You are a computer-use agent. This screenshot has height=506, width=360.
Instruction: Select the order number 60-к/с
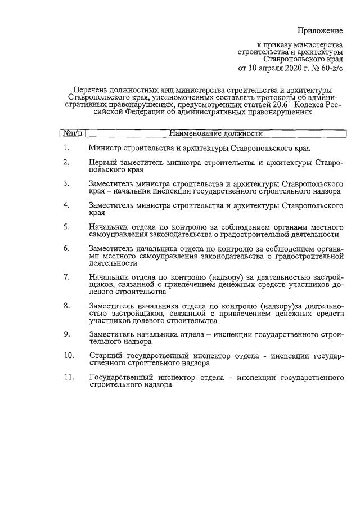pos(331,69)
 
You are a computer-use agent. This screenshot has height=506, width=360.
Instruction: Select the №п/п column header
pos(73,134)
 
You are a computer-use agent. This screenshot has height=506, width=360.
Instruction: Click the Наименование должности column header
pos(217,134)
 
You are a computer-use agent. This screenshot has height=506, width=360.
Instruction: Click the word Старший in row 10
pos(105,356)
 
